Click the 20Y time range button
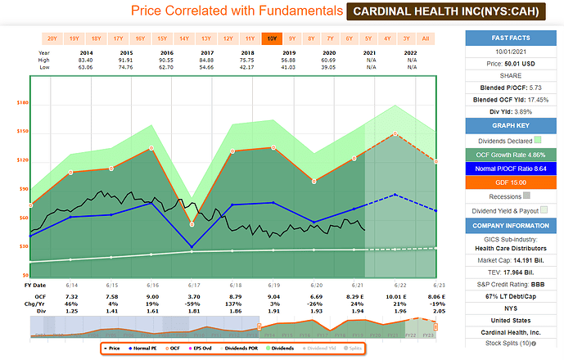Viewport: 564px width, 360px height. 52,38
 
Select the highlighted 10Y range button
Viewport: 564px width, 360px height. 272,38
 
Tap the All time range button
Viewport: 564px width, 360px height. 426,38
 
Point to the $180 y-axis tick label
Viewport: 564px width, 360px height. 22,102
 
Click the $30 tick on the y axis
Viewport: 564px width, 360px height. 23,246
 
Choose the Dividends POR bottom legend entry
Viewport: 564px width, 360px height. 260,349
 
